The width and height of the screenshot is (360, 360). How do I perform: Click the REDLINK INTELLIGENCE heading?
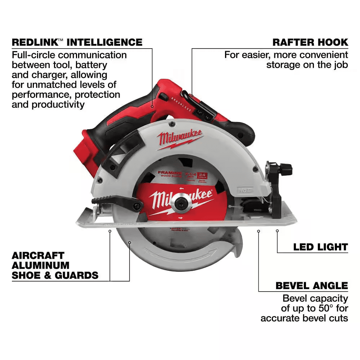[77, 42]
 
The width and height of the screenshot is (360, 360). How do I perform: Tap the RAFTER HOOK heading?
[310, 42]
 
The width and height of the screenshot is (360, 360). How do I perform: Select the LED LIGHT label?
[320, 247]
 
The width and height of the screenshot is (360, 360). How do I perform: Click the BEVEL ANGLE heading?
[312, 286]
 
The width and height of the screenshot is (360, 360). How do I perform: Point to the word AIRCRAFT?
[38, 256]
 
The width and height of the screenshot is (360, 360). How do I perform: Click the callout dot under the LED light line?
[277, 231]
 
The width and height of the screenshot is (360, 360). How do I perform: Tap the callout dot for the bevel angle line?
[258, 231]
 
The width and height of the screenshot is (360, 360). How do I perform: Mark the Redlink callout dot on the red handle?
[153, 107]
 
